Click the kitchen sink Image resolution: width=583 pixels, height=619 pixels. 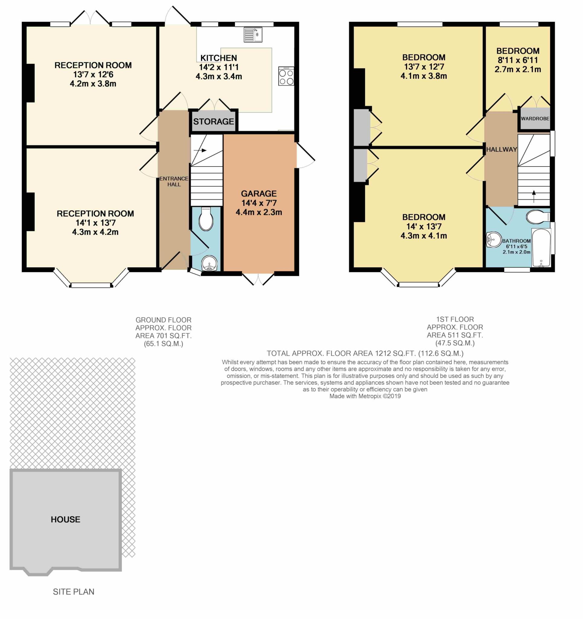tap(253, 34)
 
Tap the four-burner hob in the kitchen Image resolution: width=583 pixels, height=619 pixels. tap(286, 76)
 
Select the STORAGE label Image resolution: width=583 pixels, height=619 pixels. tap(213, 122)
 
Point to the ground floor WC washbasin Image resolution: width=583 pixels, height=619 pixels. tap(209, 264)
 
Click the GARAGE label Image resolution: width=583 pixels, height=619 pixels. tap(259, 194)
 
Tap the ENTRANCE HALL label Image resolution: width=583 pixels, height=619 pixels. tap(174, 181)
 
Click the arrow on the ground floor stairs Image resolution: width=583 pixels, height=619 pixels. tap(200, 151)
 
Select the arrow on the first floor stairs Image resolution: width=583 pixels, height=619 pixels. tap(534, 196)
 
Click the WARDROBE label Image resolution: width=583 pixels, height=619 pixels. tap(535, 118)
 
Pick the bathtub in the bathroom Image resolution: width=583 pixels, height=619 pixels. tap(541, 248)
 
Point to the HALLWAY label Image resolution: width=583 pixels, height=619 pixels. tap(501, 149)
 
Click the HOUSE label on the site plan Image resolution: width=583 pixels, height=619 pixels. tap(65, 519)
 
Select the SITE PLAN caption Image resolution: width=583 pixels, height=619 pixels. tap(73, 591)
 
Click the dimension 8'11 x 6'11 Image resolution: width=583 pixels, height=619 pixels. tap(518, 60)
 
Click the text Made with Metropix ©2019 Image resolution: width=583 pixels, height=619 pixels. tap(365, 396)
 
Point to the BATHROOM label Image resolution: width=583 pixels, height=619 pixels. tap(516, 241)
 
